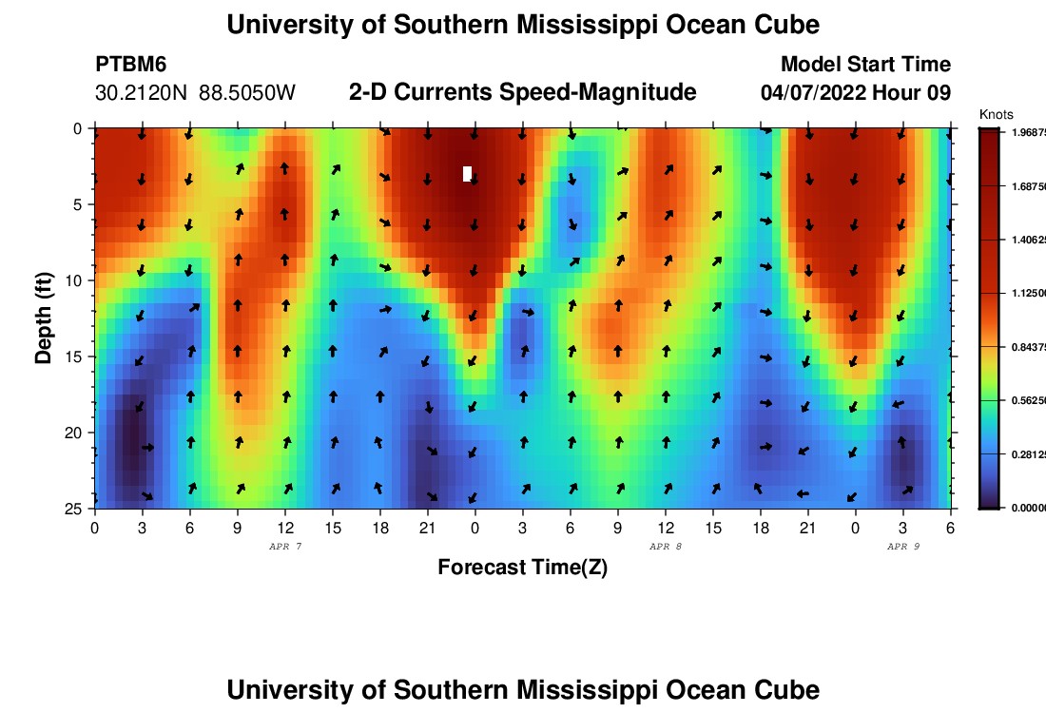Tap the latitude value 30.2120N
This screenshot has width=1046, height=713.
coord(142,93)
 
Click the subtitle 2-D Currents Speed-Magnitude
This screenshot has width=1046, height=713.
coord(523,92)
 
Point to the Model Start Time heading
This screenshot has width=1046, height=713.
coord(865,65)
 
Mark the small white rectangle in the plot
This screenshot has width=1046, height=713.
coord(467,173)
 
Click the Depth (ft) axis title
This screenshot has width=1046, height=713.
coord(43,318)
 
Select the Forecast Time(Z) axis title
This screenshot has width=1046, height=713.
coord(522,568)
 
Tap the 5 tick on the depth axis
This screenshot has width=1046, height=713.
coord(79,204)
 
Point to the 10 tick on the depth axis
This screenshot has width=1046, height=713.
coord(76,280)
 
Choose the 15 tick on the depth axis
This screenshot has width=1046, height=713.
coord(76,356)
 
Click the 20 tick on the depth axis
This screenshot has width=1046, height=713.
coord(76,433)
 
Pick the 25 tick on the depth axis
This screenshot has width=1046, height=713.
coord(76,509)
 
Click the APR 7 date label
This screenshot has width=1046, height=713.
coord(284,547)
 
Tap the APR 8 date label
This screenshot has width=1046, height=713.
coord(665,547)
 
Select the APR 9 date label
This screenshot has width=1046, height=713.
coord(902,547)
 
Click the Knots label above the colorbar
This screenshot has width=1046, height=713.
coord(996,115)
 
